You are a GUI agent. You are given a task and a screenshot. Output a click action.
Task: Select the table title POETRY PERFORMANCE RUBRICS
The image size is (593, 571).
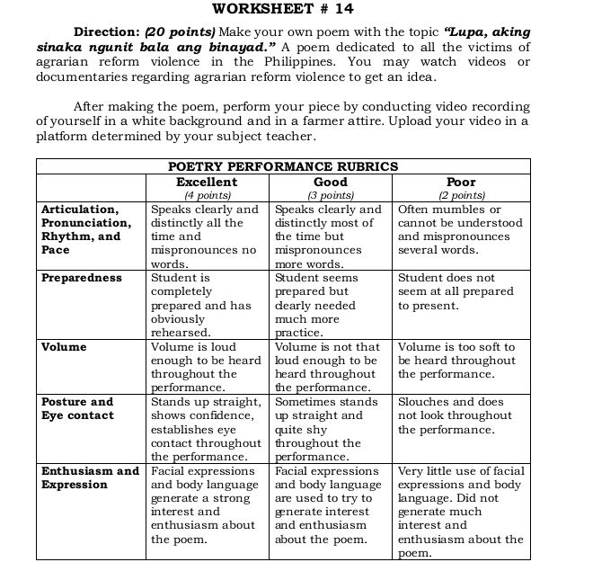point(283,166)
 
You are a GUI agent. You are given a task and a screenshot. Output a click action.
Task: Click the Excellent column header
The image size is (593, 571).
point(207,181)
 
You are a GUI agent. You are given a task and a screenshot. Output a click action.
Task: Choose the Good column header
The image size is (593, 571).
point(331,181)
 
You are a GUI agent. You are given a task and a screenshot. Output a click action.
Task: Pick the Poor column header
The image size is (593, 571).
point(461,181)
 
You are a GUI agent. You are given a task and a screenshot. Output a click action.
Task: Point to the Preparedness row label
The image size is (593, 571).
point(81,278)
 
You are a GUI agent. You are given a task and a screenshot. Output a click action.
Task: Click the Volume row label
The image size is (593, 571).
point(65,346)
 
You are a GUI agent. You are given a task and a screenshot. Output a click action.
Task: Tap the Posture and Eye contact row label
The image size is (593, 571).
point(78,408)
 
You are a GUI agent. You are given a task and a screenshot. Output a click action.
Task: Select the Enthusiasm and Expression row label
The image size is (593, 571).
point(90,477)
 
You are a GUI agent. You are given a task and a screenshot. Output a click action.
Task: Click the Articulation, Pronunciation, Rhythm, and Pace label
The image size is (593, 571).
point(86,229)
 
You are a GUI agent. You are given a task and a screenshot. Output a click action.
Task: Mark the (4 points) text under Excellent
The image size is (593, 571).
point(207,194)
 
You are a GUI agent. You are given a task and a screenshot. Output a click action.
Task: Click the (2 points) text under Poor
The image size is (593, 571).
point(461,194)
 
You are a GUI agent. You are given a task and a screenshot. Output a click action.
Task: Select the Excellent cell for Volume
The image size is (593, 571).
point(207,367)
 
